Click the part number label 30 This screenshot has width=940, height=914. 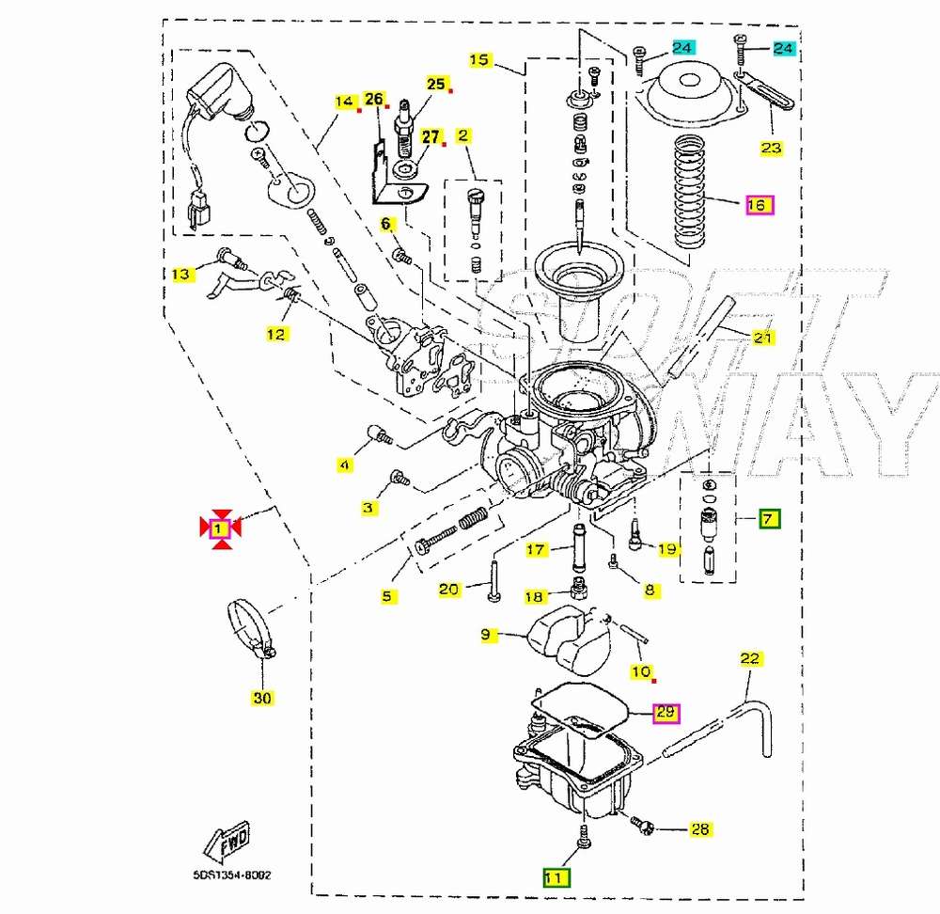tap(262, 698)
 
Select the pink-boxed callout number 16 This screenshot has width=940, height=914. tap(758, 204)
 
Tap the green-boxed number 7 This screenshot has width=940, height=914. tap(769, 518)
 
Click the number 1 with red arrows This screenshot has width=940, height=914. tap(219, 529)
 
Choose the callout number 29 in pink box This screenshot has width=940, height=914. tap(666, 712)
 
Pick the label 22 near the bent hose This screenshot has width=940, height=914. tap(749, 658)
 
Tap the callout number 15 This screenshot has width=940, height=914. tap(479, 60)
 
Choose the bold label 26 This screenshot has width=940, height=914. tap(374, 99)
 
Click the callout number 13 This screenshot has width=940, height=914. tap(180, 274)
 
